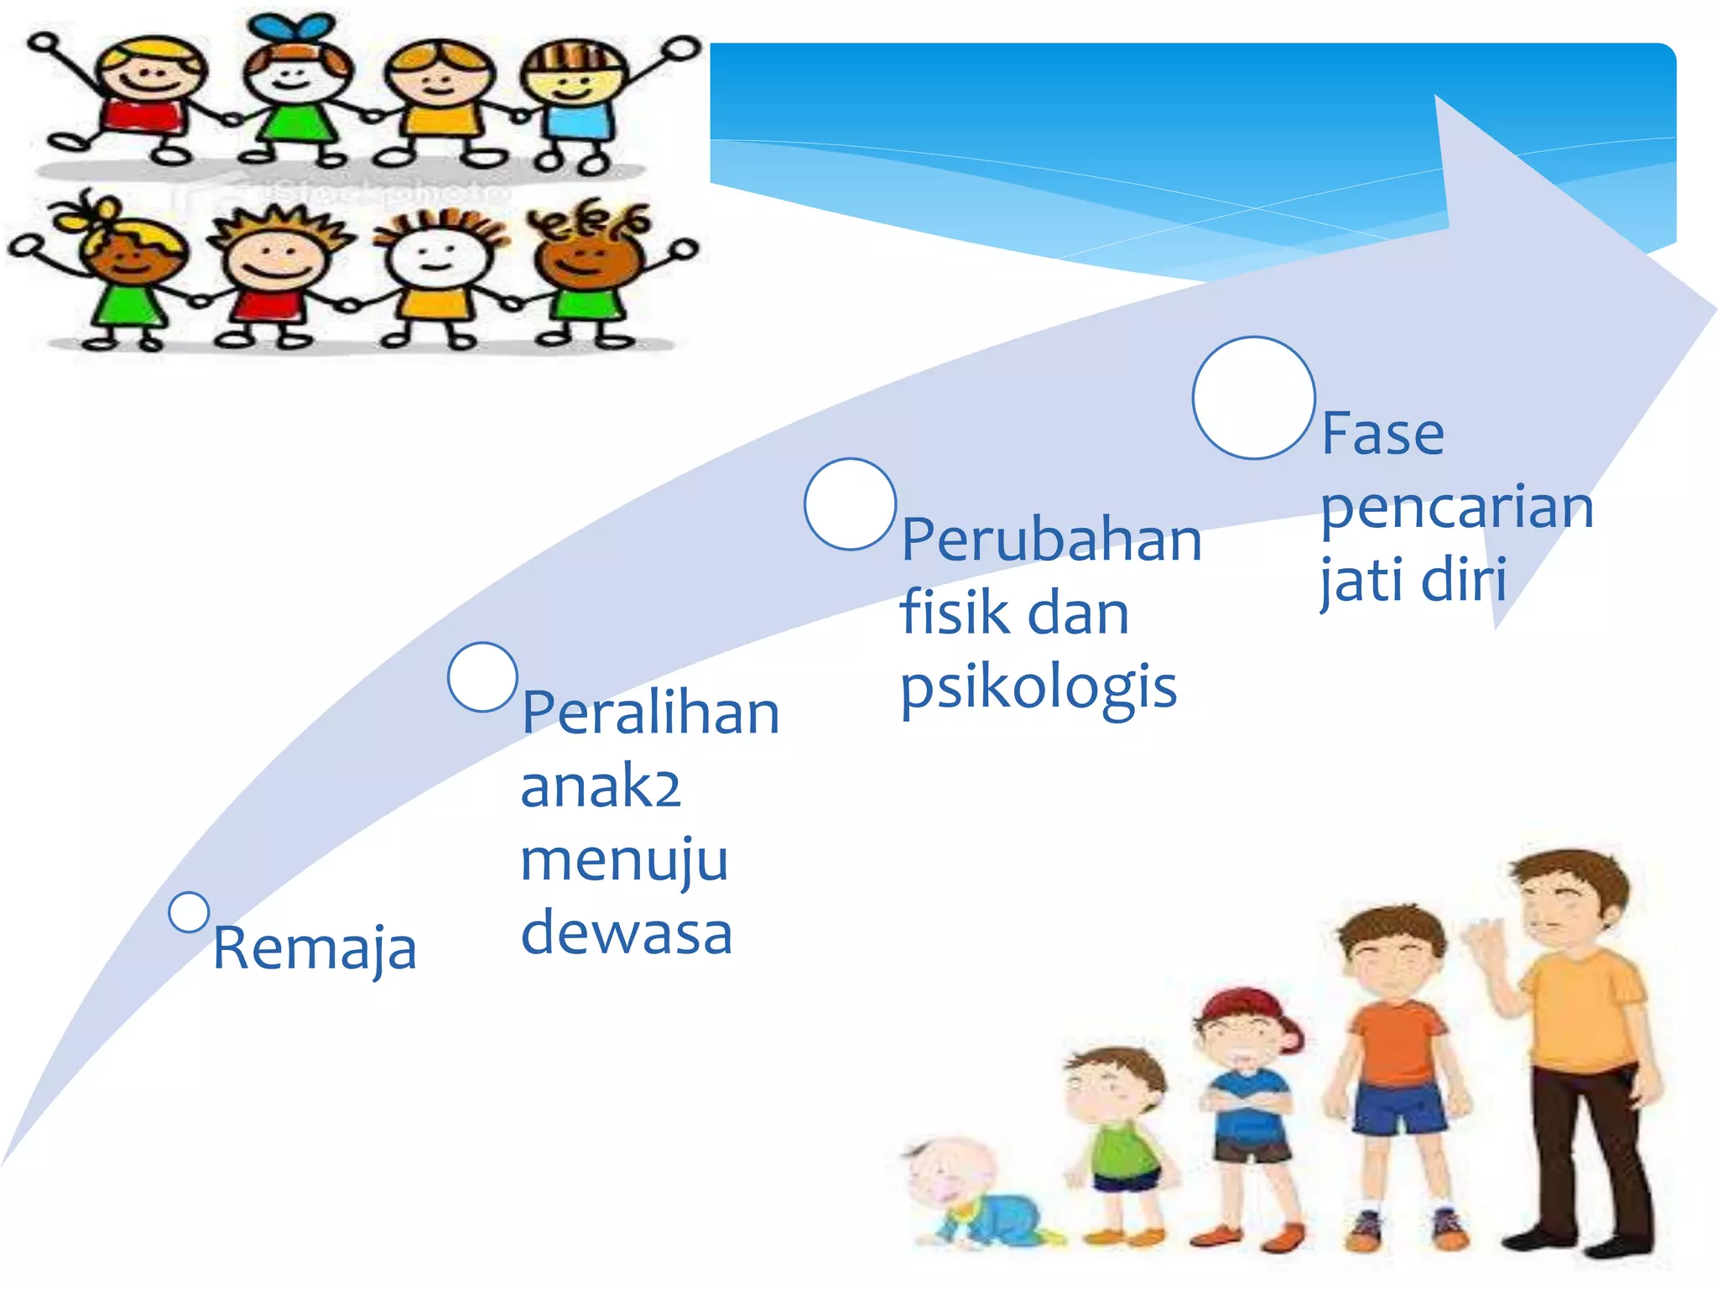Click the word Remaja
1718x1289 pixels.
(315, 948)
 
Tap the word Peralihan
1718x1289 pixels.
(650, 713)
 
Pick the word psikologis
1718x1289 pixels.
(1039, 688)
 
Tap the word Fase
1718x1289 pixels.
(1382, 434)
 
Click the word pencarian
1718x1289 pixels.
(1456, 508)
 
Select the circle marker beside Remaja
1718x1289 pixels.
(189, 912)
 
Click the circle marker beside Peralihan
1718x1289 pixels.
(482, 677)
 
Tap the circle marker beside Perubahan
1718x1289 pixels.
(850, 504)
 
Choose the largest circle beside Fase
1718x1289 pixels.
(1253, 398)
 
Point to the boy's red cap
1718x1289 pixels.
(1250, 1007)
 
